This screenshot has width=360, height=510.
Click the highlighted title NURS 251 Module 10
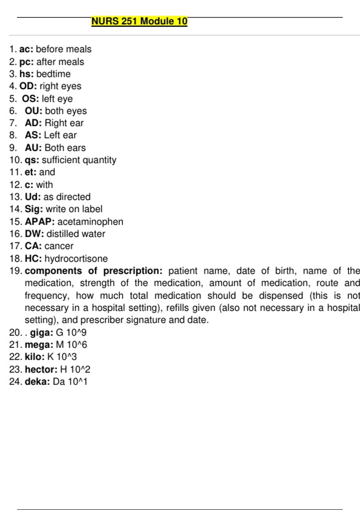point(139,21)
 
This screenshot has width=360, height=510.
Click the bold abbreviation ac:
point(26,49)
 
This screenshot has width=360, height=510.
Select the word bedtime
point(53,74)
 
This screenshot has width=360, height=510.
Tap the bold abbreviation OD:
point(28,86)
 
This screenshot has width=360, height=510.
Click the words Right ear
point(64,123)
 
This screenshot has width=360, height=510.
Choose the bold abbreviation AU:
point(33,148)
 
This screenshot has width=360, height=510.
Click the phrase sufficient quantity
point(79,160)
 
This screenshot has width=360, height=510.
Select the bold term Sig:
point(34,209)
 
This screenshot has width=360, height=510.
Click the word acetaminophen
point(90,221)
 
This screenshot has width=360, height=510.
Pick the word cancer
point(59,246)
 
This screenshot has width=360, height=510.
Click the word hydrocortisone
point(76,258)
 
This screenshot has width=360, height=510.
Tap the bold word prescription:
point(133,271)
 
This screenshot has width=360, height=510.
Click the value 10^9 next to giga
point(76,332)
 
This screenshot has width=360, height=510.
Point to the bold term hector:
point(41,369)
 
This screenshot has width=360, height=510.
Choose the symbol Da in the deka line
point(59,382)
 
